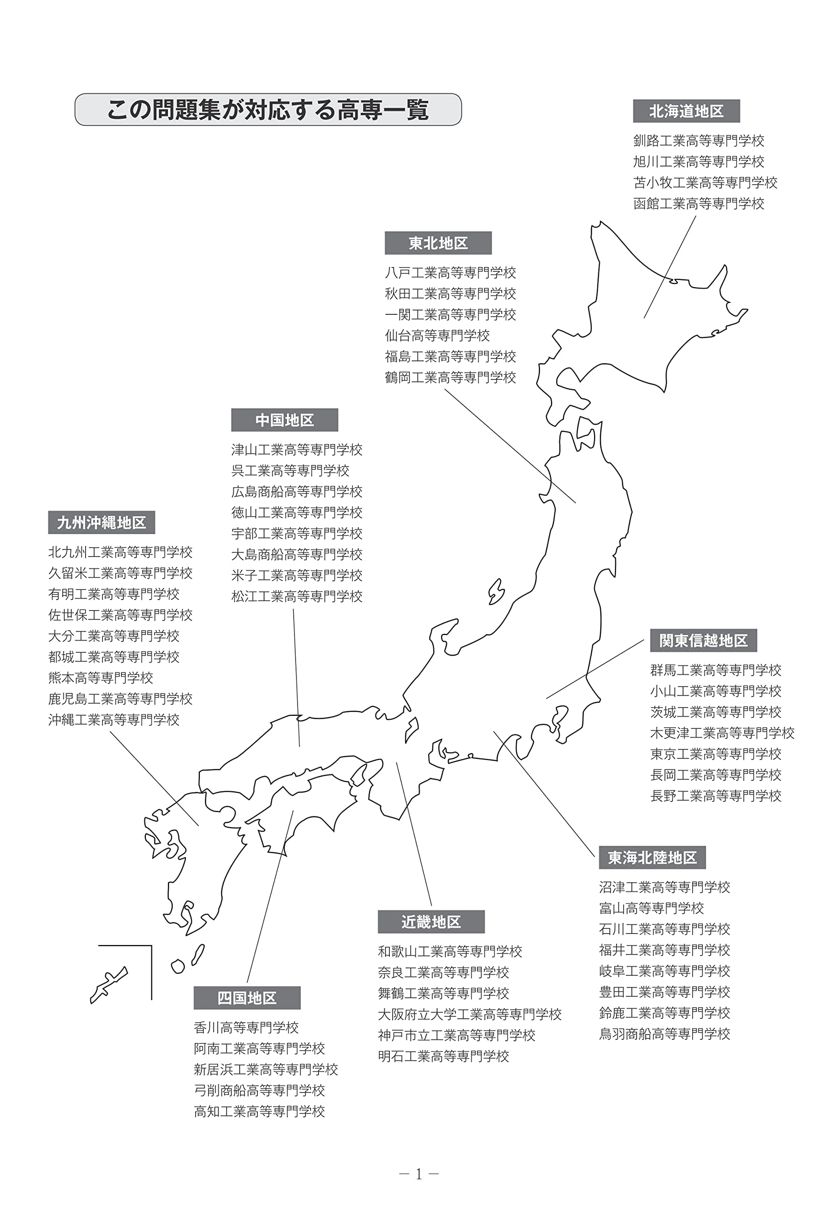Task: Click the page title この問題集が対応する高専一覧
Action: (x=268, y=110)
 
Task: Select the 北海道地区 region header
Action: (x=686, y=111)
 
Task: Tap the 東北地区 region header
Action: (x=438, y=243)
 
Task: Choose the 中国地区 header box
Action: (x=285, y=420)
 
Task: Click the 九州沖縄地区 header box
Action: (x=102, y=523)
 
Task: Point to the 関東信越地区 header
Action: (x=703, y=640)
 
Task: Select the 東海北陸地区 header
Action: (x=652, y=857)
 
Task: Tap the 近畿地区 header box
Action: (x=431, y=922)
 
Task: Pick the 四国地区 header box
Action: (x=247, y=998)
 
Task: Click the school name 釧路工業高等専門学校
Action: (x=698, y=141)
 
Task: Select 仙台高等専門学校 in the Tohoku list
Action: (x=437, y=335)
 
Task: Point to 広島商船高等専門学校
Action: (x=297, y=492)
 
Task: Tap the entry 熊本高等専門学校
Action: (x=100, y=678)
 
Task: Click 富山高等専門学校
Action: (x=651, y=908)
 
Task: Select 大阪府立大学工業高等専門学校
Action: (x=470, y=1014)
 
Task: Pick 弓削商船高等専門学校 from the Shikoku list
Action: (x=259, y=1091)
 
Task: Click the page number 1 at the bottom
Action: (x=419, y=1174)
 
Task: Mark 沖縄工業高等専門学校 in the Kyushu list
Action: (x=114, y=720)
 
